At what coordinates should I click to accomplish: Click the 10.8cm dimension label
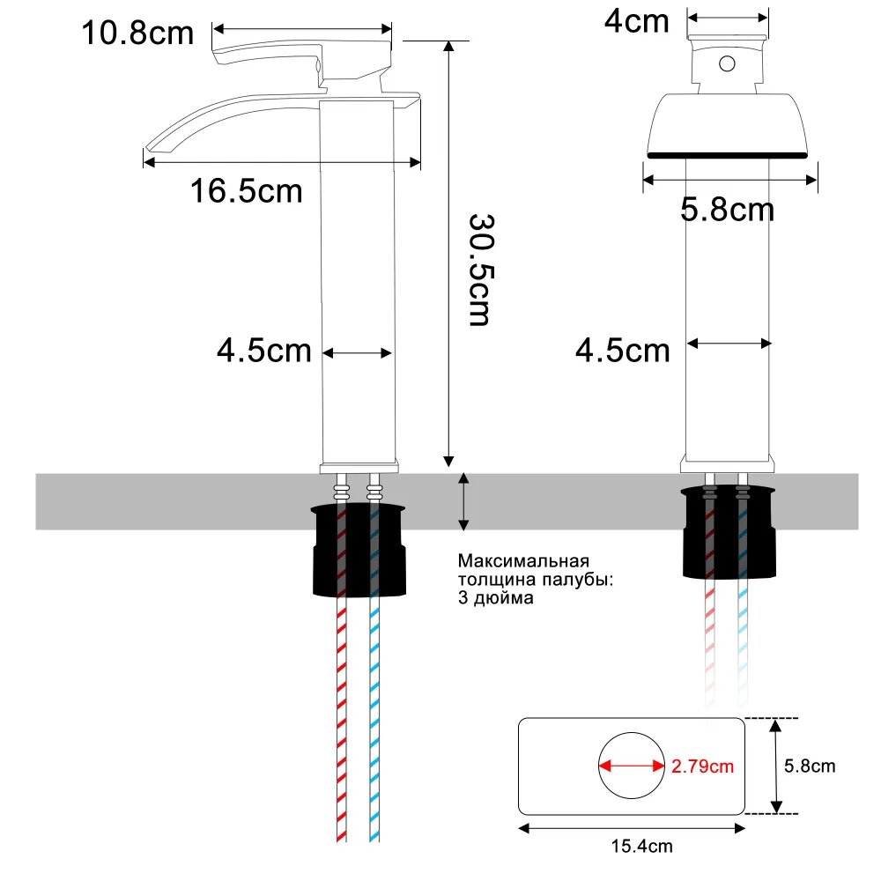point(137,33)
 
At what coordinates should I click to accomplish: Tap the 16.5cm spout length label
point(247,189)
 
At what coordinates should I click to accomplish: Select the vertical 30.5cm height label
point(479,268)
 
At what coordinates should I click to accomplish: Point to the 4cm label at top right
point(637,21)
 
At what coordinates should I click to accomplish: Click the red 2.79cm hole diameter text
point(702,766)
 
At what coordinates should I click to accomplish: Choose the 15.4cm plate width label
point(641,848)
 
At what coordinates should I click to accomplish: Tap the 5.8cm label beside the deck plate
point(810,766)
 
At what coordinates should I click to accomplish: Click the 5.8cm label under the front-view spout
point(728,210)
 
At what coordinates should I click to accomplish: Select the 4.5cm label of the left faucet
point(264,351)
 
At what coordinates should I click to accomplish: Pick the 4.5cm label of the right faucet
point(623,351)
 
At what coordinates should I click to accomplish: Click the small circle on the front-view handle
point(728,63)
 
